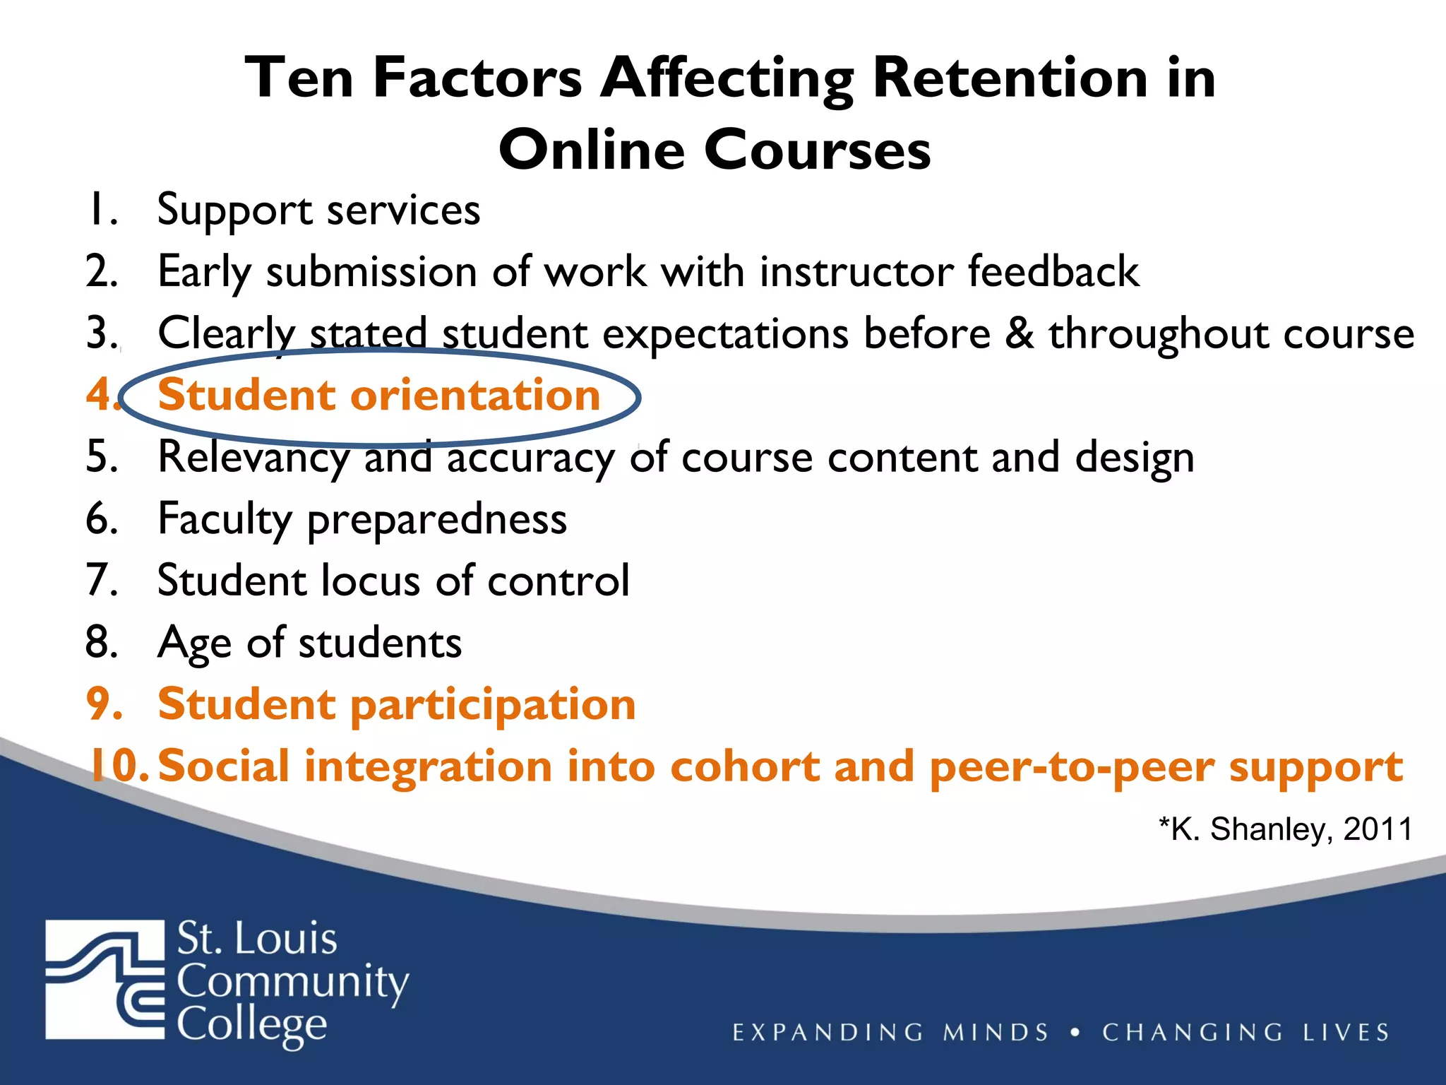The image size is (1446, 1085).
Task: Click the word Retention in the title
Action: point(1010,78)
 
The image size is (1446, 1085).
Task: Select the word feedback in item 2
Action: point(1053,271)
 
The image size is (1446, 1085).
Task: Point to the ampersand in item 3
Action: point(1020,333)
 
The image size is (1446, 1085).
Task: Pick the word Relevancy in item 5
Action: point(253,458)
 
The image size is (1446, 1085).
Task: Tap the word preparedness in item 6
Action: point(437,520)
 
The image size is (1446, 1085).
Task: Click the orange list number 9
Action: point(103,704)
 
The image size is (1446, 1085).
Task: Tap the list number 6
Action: point(102,518)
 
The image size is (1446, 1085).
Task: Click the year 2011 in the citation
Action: point(1378,829)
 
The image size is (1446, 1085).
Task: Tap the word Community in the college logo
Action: point(292,983)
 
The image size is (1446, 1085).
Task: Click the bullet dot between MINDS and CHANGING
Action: point(1075,1032)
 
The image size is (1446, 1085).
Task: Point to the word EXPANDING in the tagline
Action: point(827,1033)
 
